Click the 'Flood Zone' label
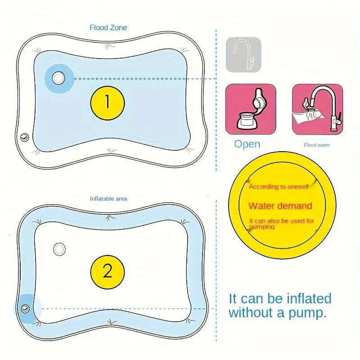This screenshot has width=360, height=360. coord(108,28)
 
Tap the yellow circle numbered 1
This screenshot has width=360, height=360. coord(108,103)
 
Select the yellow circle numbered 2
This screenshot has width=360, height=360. coord(108,272)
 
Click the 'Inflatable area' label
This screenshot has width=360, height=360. coord(108,198)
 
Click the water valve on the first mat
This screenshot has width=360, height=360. coord(58,78)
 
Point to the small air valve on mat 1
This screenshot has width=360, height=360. coord(25,138)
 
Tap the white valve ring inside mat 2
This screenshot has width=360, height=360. coord(59,249)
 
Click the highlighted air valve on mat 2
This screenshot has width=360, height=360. coord(25,308)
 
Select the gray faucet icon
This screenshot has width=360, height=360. coord(243,54)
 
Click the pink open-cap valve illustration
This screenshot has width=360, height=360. coord(251,109)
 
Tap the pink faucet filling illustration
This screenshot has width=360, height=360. coord(318,109)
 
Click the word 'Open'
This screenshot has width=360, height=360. coord(247,144)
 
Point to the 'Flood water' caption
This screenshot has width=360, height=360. coord(317,145)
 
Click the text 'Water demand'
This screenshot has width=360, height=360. coord(280,206)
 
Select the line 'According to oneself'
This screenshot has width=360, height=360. coord(279,187)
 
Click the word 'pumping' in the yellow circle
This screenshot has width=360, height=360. coord(262,227)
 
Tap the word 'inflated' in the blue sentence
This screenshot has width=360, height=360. coord(309,298)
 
